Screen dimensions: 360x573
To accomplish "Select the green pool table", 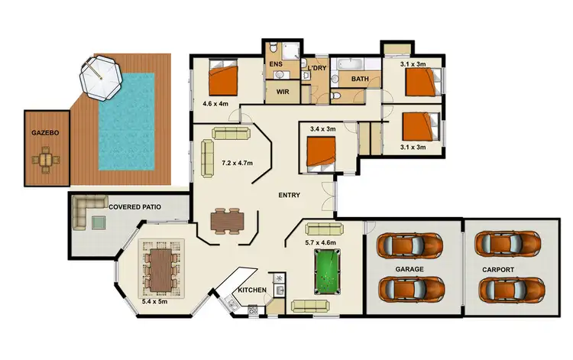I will (329, 269).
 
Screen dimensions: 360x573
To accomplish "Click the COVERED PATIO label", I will (135, 206).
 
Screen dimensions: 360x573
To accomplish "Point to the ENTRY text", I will (289, 195).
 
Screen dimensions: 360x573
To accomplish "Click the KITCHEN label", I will (251, 290).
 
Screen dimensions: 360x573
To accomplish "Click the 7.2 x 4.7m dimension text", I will (238, 164).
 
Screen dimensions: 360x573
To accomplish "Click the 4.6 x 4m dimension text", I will (216, 103).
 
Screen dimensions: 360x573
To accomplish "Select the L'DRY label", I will (317, 69).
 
